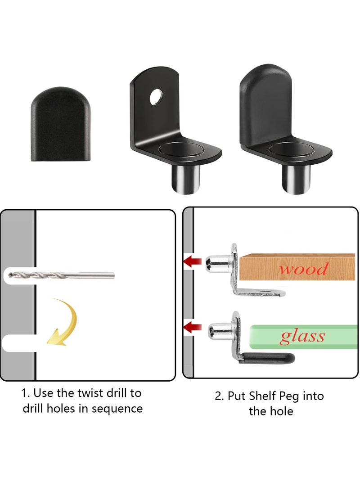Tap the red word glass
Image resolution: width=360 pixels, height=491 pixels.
[x=302, y=336]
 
